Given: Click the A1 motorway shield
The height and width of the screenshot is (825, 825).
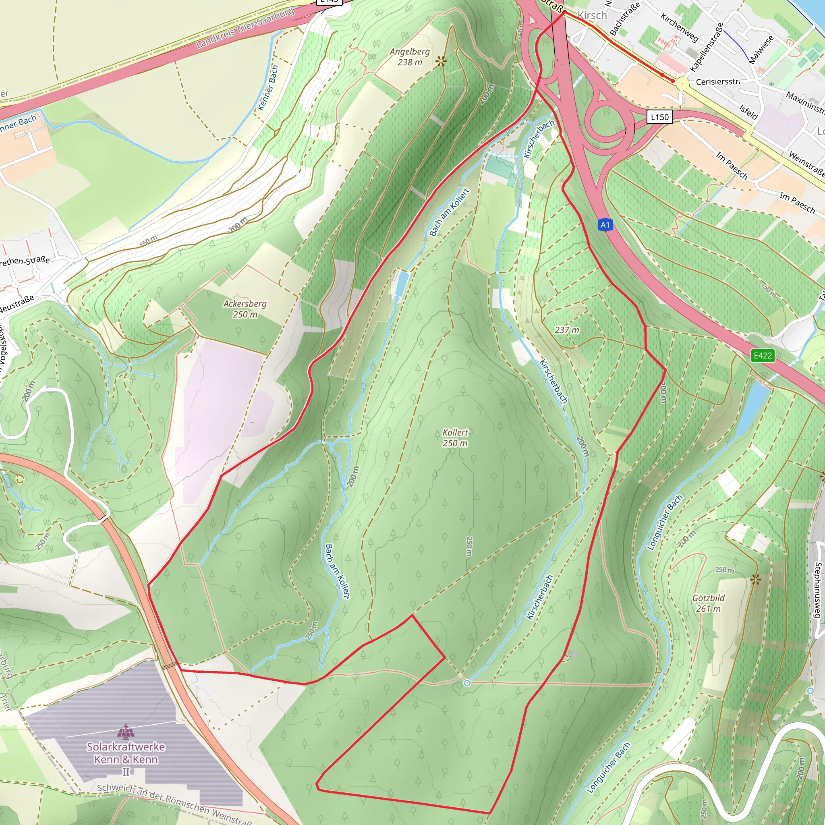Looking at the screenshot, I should pos(605,225).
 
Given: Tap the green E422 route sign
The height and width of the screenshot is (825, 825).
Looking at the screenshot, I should pos(763,355).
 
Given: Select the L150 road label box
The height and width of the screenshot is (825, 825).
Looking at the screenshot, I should pos(660,116).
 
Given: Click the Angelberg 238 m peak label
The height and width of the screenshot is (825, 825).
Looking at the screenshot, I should pos(410,57).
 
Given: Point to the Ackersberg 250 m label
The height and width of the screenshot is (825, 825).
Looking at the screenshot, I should pos(245,309).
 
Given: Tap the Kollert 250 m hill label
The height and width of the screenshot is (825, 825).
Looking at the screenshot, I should pos(455,438).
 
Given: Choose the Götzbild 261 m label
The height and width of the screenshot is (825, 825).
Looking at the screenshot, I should pos(709,603).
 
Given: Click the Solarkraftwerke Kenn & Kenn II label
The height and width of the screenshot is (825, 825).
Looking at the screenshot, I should pos(126,759).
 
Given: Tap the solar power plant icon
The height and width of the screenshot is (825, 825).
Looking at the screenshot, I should pos(126,731).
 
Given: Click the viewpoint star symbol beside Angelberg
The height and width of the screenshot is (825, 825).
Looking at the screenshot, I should pos(441,62).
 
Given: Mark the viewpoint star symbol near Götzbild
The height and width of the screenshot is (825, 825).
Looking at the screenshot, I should pos(755,579).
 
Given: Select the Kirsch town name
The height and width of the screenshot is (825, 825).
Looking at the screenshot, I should pos(592,15).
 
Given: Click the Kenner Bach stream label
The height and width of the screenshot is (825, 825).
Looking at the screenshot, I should pos(268,87).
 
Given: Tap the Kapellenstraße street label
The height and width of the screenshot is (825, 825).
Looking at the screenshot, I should pos(707,48).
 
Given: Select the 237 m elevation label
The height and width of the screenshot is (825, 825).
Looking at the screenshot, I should pos(567,330).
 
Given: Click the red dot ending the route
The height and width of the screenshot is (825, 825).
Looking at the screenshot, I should pos(673,81).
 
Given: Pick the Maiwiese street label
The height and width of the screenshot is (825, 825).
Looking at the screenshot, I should pos(761,50).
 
